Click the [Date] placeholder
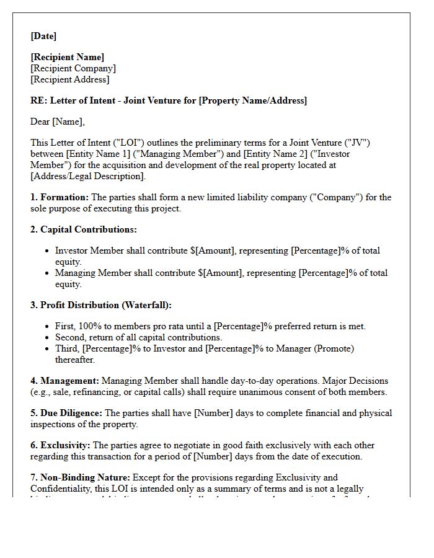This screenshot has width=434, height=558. tap(43, 37)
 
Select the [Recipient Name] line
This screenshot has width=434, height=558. tap(68, 58)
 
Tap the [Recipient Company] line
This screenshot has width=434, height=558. tap(73, 69)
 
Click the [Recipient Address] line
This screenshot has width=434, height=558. tap(70, 80)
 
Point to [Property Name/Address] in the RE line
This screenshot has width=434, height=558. tap(252, 100)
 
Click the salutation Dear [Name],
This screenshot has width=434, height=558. tap(58, 122)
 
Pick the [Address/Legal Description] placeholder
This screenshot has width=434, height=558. tap(87, 177)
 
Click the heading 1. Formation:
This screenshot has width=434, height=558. tap(60, 198)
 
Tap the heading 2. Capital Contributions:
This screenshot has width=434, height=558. tap(84, 230)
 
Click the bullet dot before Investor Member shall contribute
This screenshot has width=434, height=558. tap(48, 251)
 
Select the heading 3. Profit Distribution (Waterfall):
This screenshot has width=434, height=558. tap(101, 306)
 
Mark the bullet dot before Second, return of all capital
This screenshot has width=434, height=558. tap(48, 338)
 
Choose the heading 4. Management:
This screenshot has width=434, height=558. tap(64, 381)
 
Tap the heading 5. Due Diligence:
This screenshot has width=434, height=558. tap(66, 414)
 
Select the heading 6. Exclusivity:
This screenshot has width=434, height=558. tap(60, 446)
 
